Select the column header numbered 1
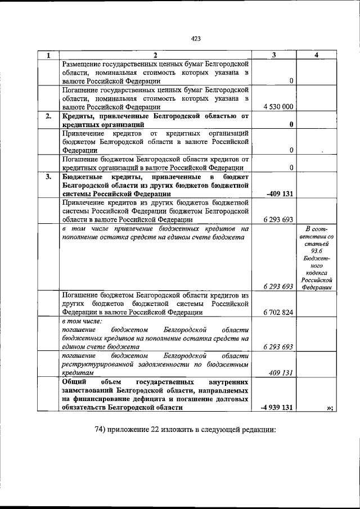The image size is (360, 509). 48,55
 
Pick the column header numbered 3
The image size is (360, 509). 274,55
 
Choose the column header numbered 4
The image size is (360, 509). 317,55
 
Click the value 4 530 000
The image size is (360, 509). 278,106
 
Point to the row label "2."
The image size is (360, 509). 48,116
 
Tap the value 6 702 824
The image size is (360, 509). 278,312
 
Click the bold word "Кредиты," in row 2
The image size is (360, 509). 79,116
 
